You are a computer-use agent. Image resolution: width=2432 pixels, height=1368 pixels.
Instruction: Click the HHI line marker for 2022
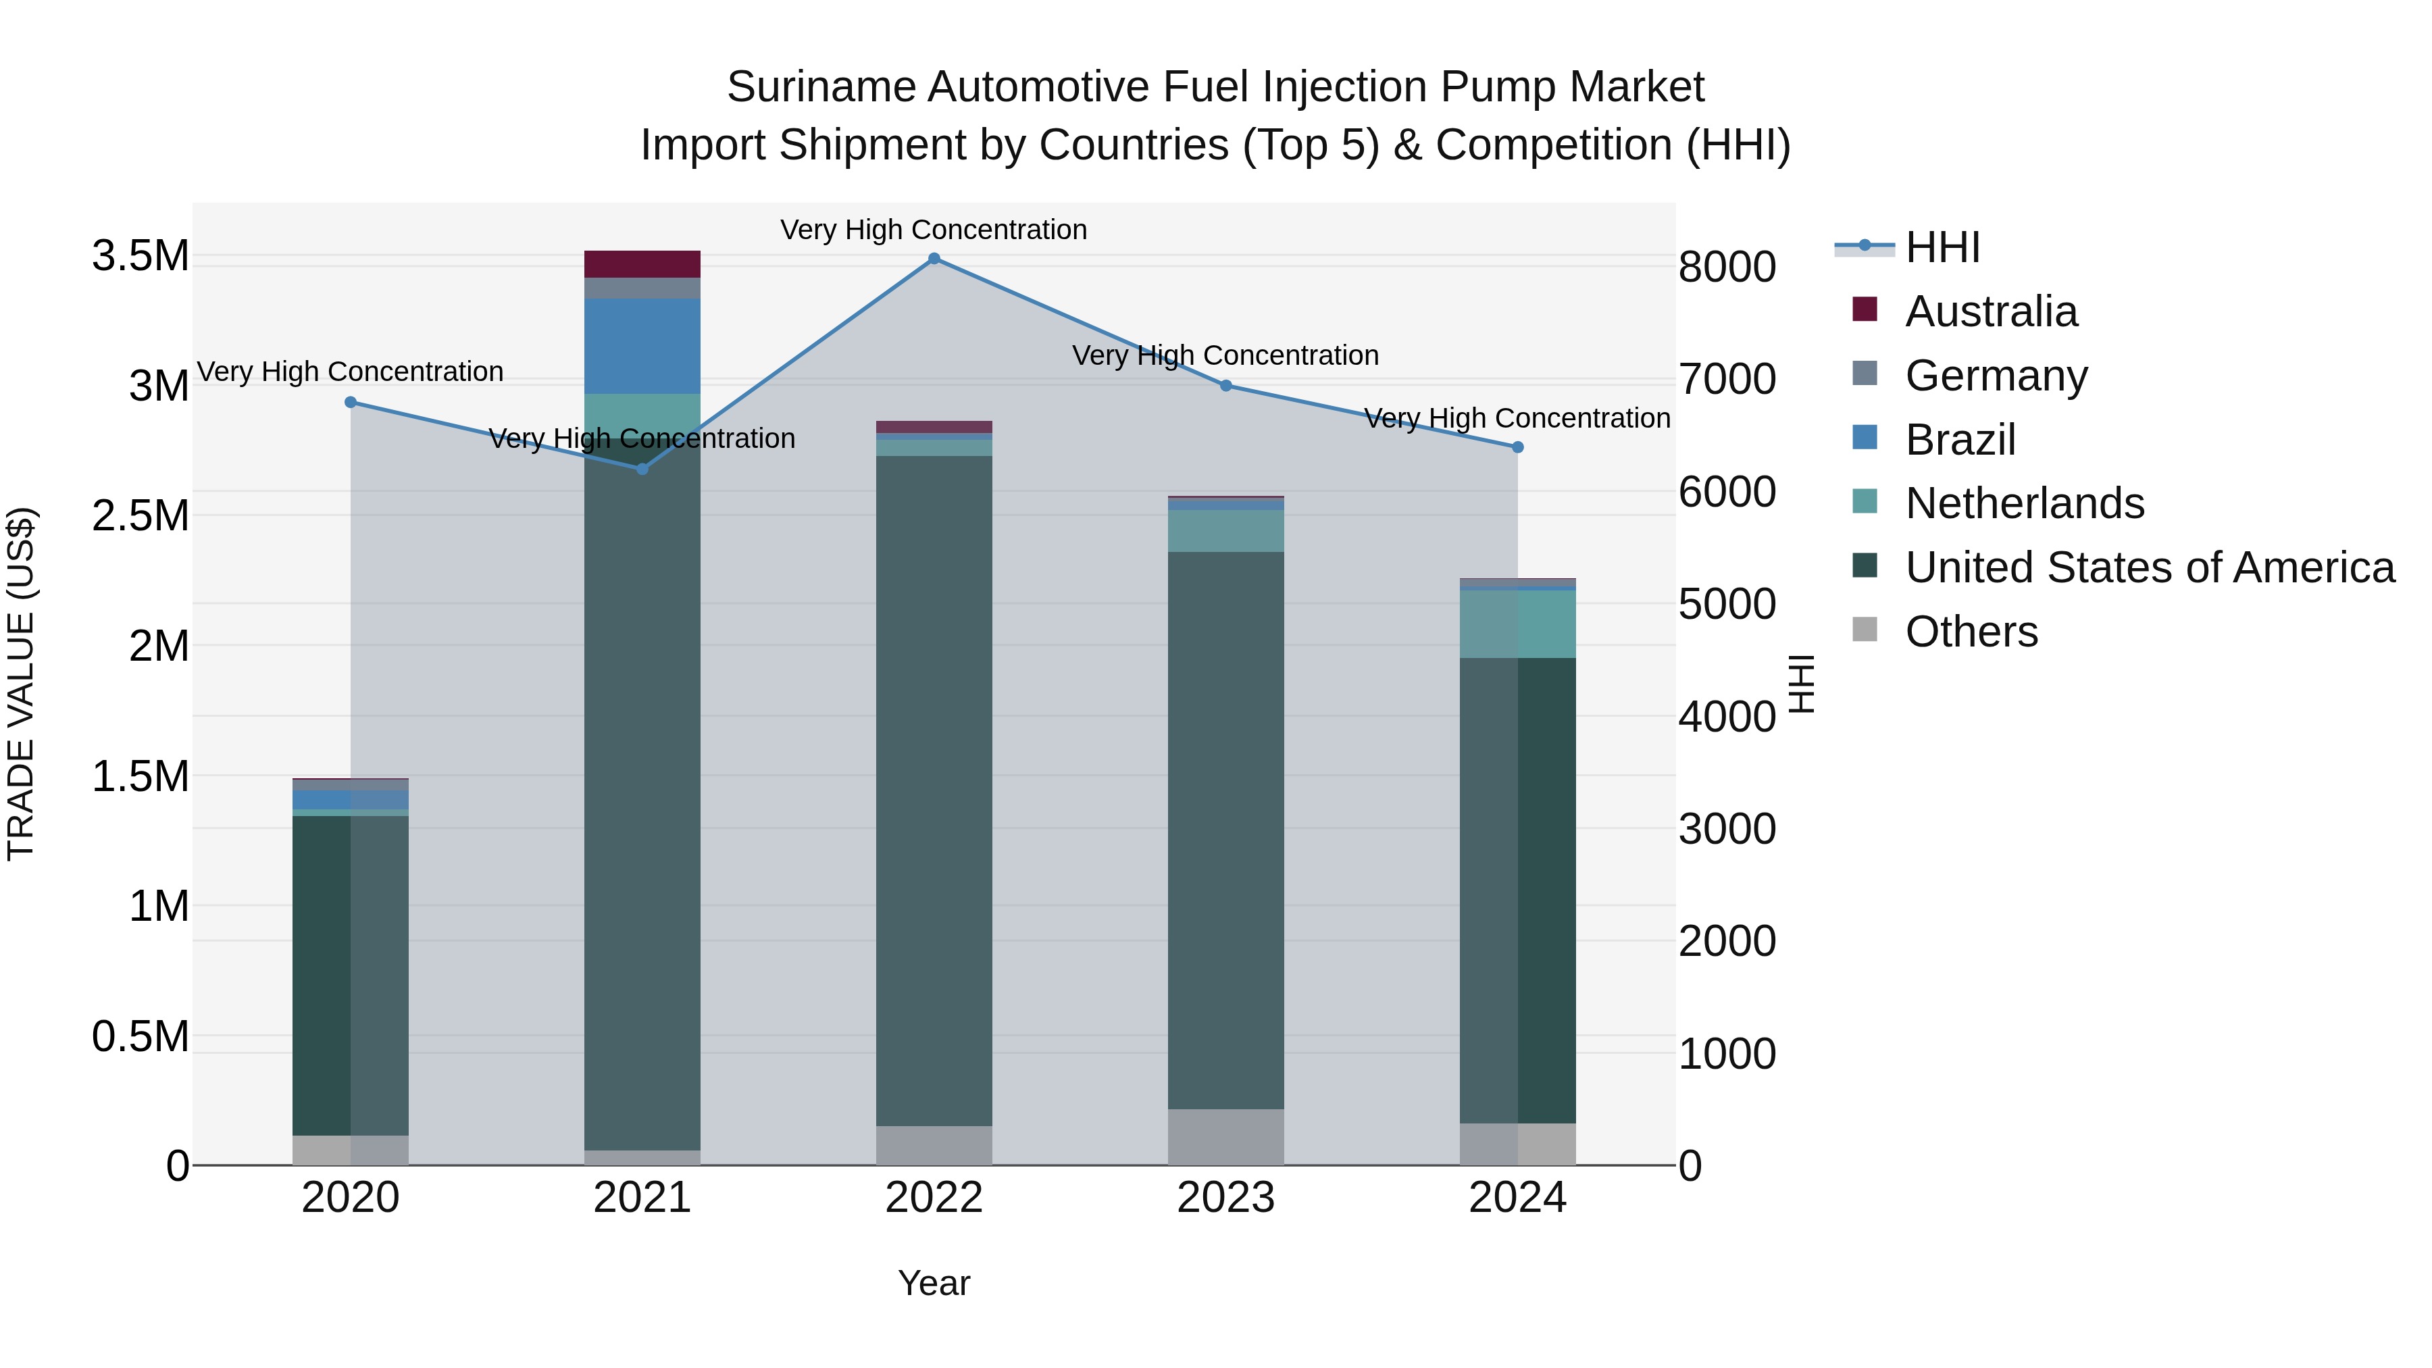tap(934, 259)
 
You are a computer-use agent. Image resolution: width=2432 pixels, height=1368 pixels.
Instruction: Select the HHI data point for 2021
tap(642, 468)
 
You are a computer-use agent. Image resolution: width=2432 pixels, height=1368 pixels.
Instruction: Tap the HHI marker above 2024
tap(1517, 447)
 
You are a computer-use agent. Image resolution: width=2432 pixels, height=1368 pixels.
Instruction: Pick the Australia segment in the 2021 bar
tap(642, 264)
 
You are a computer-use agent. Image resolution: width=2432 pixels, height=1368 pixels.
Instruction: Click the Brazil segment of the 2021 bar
tap(642, 345)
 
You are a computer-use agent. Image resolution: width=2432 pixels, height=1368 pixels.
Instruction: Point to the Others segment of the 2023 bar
tap(1225, 1137)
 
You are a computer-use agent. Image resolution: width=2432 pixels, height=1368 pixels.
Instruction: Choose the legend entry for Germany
tap(1996, 376)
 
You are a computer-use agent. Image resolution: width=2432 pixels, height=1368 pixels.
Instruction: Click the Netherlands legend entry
tap(2024, 503)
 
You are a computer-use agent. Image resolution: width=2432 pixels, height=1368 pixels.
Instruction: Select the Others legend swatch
tap(1865, 630)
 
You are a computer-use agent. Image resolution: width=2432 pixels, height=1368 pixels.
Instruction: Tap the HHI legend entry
tap(1942, 247)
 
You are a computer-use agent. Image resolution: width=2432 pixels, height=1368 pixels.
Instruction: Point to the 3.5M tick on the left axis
tap(141, 256)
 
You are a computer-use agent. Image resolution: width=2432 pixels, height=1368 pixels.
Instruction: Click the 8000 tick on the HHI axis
tap(1727, 267)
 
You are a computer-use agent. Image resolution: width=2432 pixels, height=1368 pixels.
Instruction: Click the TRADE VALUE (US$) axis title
tap(21, 684)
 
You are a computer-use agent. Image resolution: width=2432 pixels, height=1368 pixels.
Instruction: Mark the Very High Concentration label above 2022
tap(934, 230)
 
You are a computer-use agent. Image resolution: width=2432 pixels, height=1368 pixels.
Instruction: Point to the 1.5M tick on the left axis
tap(141, 777)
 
